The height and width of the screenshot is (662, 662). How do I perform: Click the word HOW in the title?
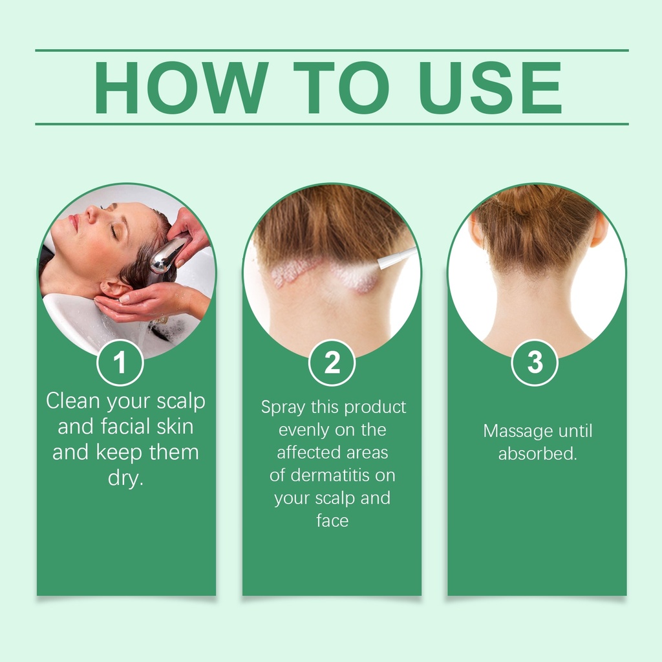click(x=181, y=87)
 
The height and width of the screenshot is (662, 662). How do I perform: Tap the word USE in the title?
click(x=490, y=87)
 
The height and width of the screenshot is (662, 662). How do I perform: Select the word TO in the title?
click(x=341, y=87)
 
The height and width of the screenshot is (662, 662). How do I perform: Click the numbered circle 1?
click(x=120, y=363)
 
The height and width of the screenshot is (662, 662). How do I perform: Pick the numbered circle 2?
click(x=332, y=363)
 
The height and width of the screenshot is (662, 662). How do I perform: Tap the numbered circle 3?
click(x=535, y=363)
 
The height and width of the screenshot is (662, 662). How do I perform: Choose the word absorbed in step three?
click(x=537, y=453)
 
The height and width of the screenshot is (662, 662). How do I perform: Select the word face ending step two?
click(x=332, y=520)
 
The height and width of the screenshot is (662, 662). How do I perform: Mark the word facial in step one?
click(x=125, y=427)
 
